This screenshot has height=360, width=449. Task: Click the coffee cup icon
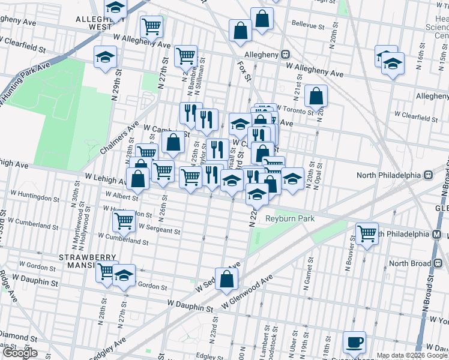point(354,342)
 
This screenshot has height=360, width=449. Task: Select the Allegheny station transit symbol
point(287,55)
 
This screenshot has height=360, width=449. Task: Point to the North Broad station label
point(410,263)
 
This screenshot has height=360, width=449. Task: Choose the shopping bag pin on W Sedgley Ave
point(227,279)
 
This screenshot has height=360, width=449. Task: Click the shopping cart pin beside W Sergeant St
point(124,220)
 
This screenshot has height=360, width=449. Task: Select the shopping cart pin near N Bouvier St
point(367,233)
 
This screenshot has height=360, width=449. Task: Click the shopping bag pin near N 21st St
point(316,95)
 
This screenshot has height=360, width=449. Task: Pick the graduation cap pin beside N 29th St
point(106,57)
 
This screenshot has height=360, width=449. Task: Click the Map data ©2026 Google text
point(412,355)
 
